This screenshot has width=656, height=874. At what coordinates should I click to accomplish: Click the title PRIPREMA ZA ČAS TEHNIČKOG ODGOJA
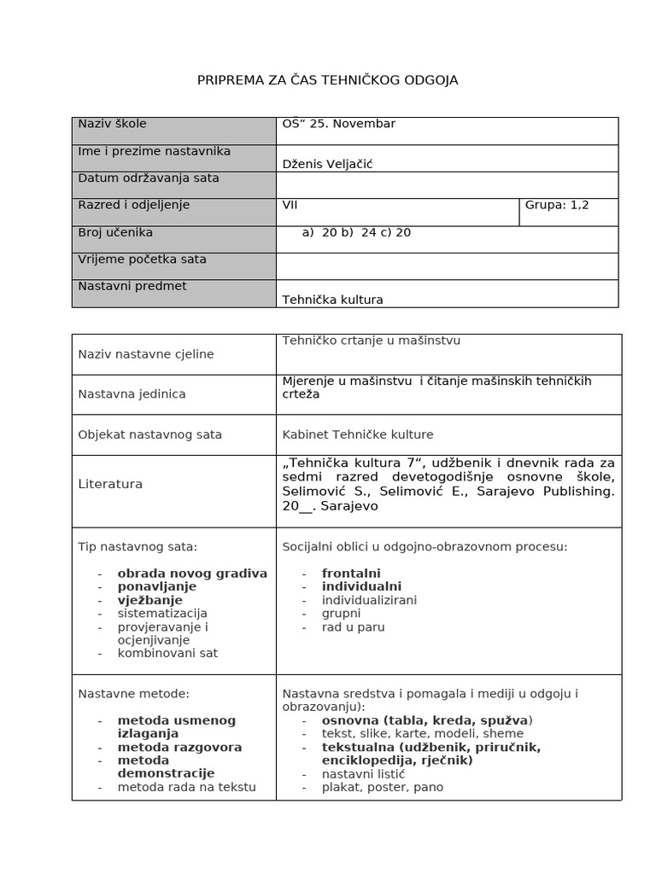[x=327, y=80]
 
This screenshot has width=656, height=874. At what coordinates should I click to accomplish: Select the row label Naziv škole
[x=112, y=124]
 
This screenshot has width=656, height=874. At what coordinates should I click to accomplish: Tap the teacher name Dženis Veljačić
[x=326, y=165]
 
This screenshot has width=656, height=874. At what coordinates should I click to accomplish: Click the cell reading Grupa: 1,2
[x=557, y=205]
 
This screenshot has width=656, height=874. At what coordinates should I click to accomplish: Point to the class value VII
[x=290, y=205]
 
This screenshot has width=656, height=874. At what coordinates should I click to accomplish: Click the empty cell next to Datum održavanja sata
[x=447, y=184]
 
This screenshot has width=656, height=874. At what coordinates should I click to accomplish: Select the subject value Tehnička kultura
[x=332, y=300]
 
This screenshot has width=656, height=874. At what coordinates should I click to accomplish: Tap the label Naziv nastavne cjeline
[x=146, y=354]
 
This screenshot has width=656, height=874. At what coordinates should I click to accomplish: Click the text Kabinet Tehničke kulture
[x=358, y=434]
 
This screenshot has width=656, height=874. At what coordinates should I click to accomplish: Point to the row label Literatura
[x=110, y=484]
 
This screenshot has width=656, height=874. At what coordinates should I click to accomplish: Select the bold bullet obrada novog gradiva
[x=192, y=574]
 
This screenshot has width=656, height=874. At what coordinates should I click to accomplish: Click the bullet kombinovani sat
[x=167, y=653]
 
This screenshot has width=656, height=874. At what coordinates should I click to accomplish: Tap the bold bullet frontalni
[x=351, y=574]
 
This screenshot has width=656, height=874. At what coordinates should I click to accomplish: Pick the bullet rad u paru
[x=353, y=626]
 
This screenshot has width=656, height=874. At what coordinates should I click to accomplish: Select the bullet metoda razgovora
[x=179, y=747]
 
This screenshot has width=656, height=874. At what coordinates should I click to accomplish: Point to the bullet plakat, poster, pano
[x=382, y=787]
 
